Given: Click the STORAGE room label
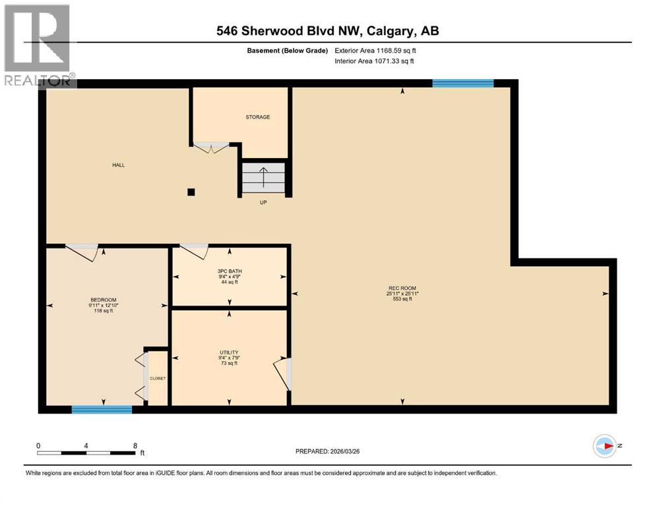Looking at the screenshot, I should pyautogui.click(x=258, y=117).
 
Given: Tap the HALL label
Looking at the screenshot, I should pyautogui.click(x=118, y=165).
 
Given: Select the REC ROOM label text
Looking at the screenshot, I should pyautogui.click(x=402, y=287).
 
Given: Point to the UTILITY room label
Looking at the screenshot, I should pyautogui.click(x=229, y=352).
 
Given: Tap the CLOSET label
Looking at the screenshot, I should pyautogui.click(x=158, y=379).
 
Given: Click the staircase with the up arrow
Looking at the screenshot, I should pyautogui.click(x=263, y=178).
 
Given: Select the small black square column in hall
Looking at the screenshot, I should pyautogui.click(x=191, y=192).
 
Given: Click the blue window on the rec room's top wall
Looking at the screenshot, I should pyautogui.click(x=463, y=83).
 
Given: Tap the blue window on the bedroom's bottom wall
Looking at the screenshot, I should pyautogui.click(x=102, y=409).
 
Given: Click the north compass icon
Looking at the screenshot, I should pyautogui.click(x=605, y=447).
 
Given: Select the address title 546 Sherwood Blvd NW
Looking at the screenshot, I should pyautogui.click(x=328, y=31).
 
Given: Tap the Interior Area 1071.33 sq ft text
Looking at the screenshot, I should pyautogui.click(x=375, y=61).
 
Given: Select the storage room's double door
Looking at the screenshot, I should pyautogui.click(x=210, y=148).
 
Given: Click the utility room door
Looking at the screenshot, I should pyautogui.click(x=284, y=374).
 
